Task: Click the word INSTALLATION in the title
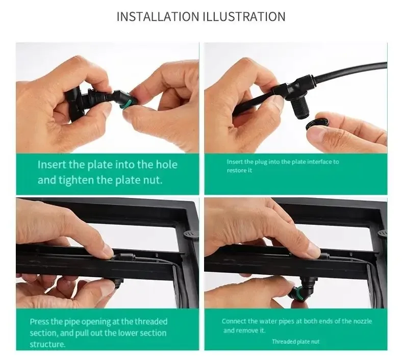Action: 158,16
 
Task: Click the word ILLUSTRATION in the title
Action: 244,16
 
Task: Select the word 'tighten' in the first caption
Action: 76,180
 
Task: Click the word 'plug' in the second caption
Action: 261,162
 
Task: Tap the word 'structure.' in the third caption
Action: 47,344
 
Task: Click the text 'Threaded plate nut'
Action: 295,342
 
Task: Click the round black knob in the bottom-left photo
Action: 190,234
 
